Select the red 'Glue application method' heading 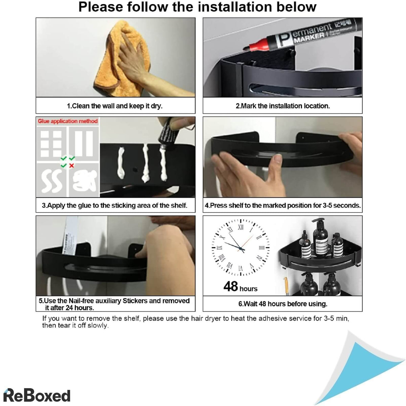(x=68, y=121)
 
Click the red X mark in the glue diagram (x=72, y=165)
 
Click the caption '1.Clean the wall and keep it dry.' (x=115, y=106)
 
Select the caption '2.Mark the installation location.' (x=283, y=106)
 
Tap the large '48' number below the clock (x=231, y=286)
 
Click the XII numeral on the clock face (x=241, y=228)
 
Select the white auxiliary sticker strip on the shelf (x=70, y=235)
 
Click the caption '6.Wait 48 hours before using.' (x=283, y=304)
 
